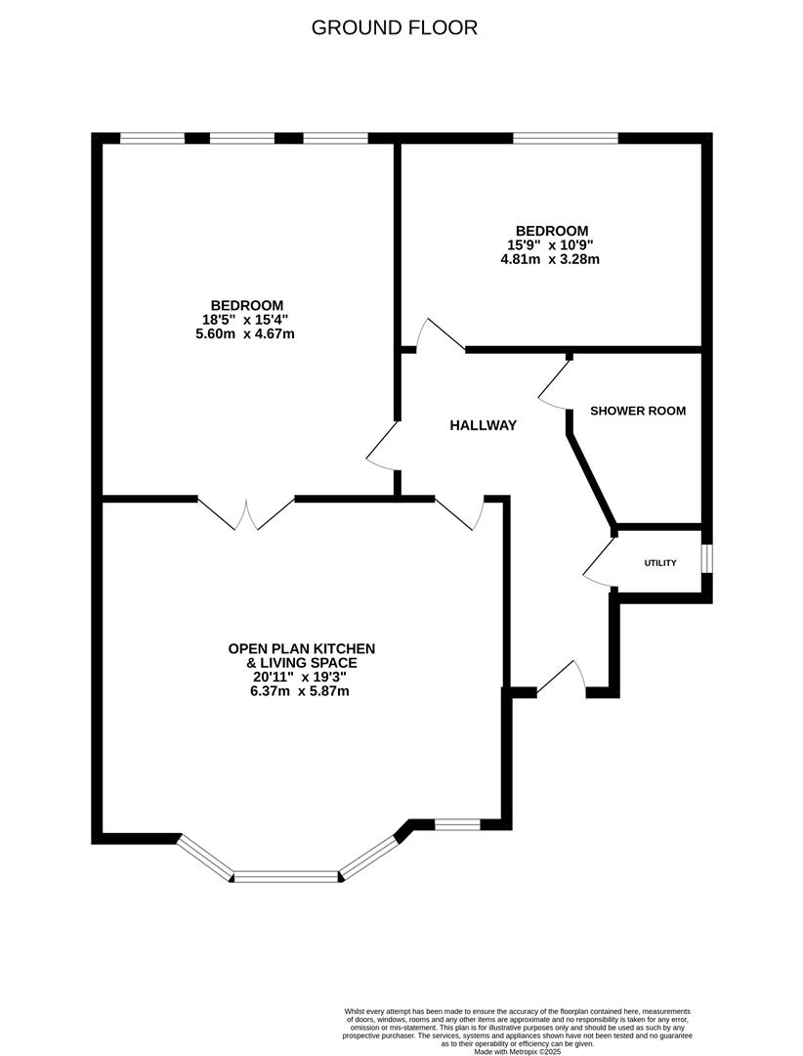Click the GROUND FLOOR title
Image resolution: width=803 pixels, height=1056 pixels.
pos(395,27)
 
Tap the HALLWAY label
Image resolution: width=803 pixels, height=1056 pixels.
pos(483,425)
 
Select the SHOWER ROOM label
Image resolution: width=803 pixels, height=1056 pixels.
pos(637,411)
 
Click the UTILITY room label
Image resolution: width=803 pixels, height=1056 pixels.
pos(660,563)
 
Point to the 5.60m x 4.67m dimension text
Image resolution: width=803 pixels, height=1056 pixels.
pos(245,333)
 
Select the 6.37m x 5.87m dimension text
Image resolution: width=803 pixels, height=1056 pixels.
pos(300,691)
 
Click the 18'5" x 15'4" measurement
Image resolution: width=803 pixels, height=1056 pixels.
pos(245,319)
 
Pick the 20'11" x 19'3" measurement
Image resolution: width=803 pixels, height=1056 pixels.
pos(301,677)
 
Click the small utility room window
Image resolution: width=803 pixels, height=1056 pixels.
pos(707,557)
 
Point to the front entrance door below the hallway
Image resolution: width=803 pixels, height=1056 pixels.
pos(561,681)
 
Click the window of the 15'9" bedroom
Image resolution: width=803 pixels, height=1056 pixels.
pos(566,139)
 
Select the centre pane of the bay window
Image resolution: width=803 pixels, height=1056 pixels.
pos(286,876)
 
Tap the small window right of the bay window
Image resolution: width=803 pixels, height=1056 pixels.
pos(457,825)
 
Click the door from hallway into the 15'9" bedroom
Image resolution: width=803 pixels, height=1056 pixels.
pos(439,335)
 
